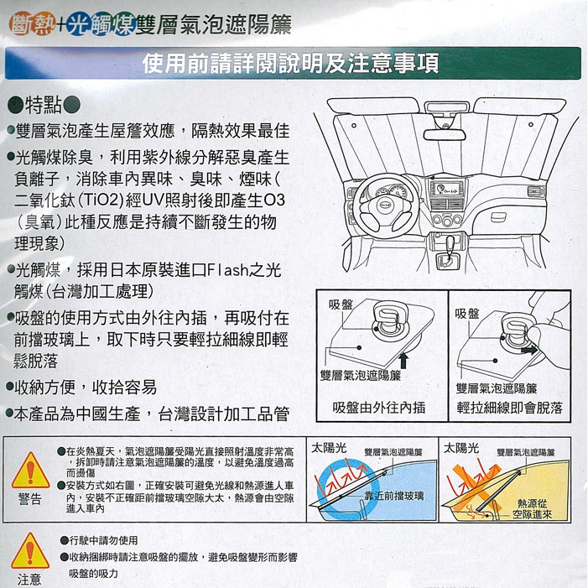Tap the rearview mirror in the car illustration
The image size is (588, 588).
tap(445, 134)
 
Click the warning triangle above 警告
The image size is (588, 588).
tap(30, 471)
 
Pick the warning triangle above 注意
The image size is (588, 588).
tap(30, 551)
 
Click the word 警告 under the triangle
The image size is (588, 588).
tap(30, 499)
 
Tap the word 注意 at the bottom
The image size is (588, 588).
tap(29, 580)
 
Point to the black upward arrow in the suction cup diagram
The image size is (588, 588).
tap(403, 361)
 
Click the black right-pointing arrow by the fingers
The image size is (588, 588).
tap(528, 350)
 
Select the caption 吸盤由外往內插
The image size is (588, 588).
tap(379, 408)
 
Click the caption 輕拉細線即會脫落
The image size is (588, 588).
tap(510, 408)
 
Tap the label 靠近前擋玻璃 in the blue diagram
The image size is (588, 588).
tap(394, 496)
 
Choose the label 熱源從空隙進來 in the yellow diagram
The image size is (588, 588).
tap(532, 509)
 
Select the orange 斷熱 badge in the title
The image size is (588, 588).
tap(33, 24)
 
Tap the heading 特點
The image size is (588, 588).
tap(44, 106)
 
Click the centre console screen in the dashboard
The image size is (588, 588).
tap(446, 189)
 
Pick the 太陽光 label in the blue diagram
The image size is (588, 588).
tap(329, 448)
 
